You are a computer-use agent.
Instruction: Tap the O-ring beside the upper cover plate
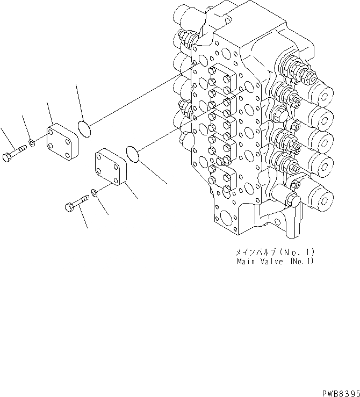point(84,128)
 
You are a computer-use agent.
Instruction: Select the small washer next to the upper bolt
point(33,143)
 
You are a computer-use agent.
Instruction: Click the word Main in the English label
point(248,262)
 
